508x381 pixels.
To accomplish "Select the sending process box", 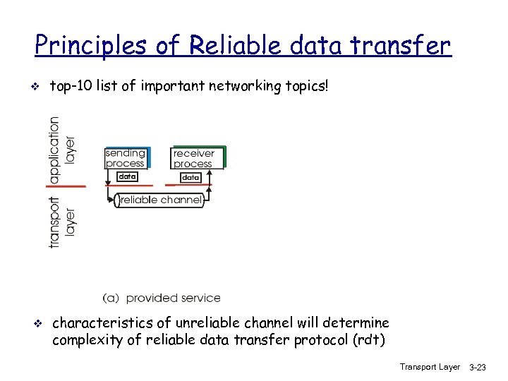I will coord(126,158).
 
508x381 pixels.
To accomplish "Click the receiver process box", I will coord(197,158).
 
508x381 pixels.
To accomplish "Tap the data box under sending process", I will coord(126,176).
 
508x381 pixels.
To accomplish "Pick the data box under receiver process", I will coord(190,177).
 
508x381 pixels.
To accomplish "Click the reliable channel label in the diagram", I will coord(160,200).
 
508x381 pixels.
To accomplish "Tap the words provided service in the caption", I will coord(173,298).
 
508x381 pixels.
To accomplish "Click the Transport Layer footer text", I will coord(429,367).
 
